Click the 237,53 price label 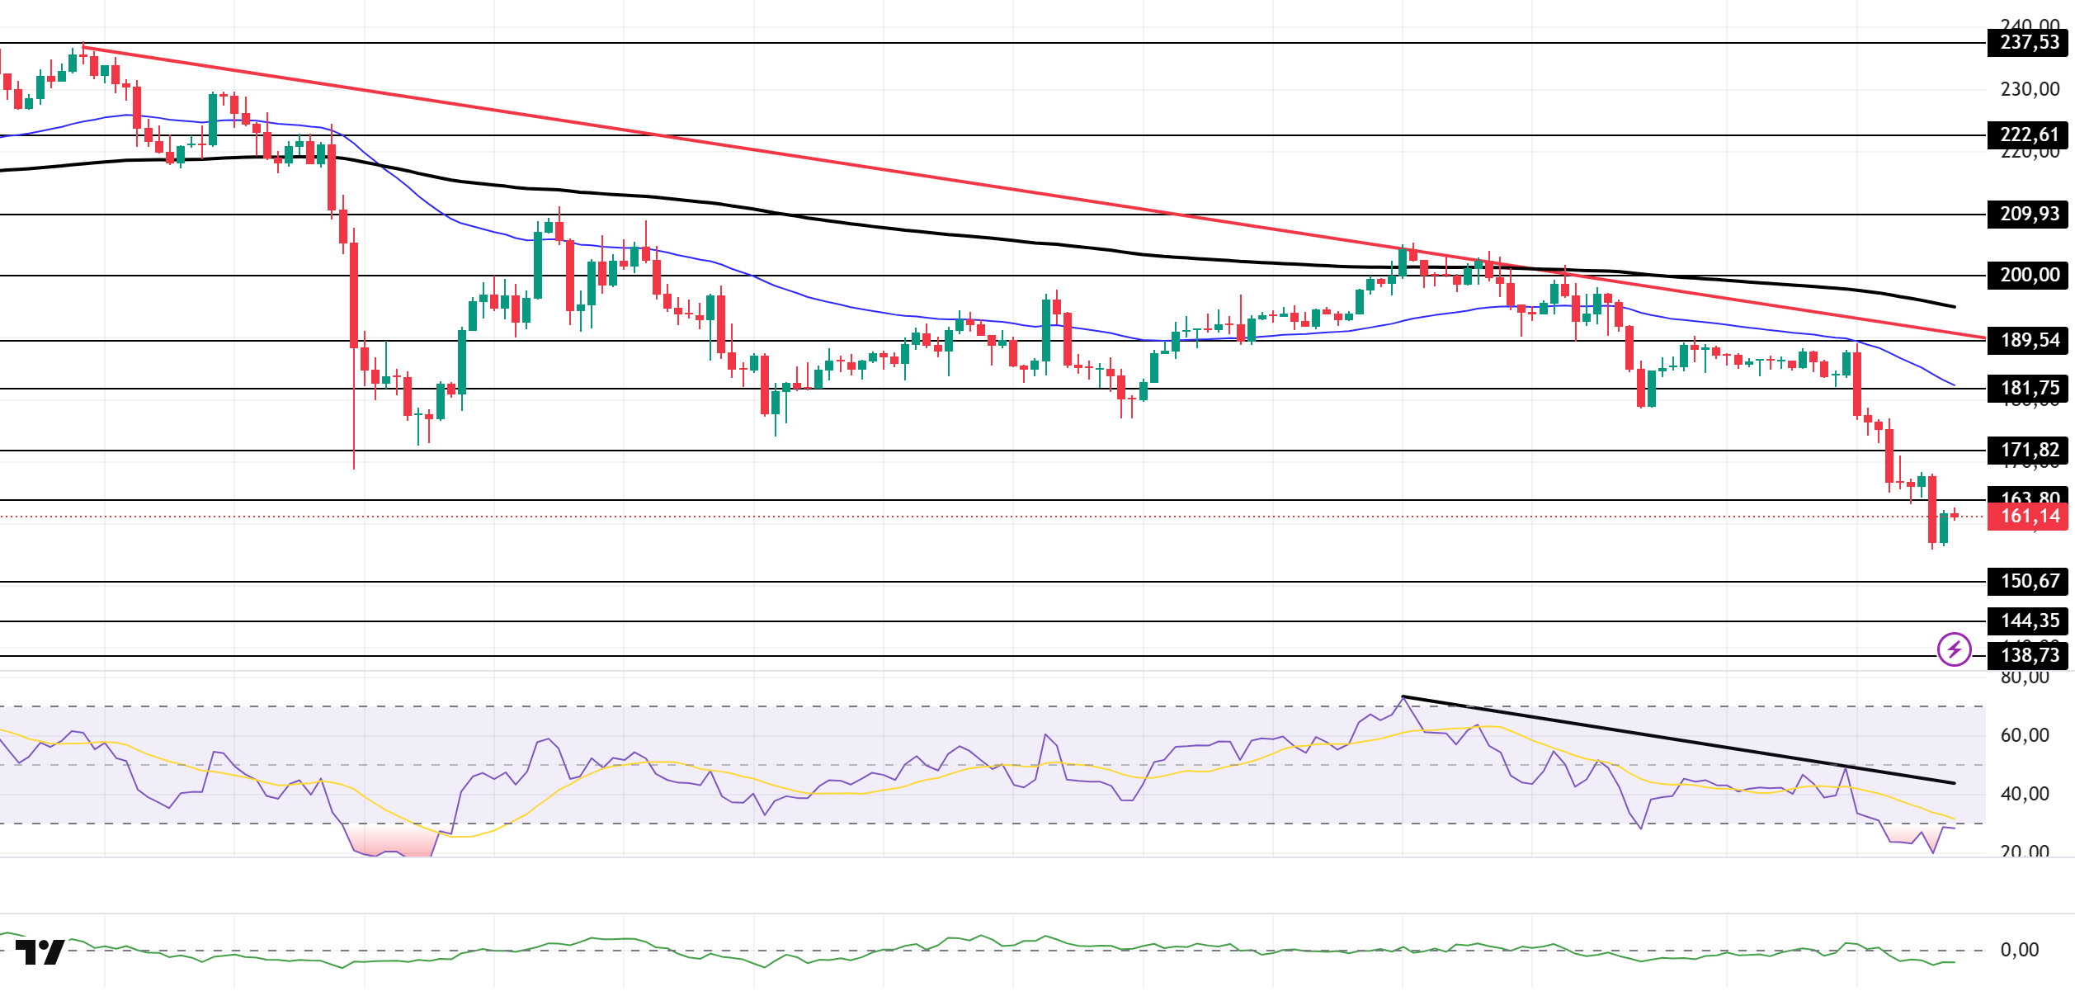[2029, 42]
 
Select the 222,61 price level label [2029, 135]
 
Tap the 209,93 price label [2029, 214]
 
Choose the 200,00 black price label [2029, 275]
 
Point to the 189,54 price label [2029, 340]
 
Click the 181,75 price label [2029, 388]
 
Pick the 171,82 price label [2029, 450]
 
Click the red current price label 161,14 [2029, 517]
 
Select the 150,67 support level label [2029, 581]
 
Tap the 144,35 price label [2029, 621]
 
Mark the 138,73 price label [2029, 655]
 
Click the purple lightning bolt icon [1954, 649]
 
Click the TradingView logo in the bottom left [40, 952]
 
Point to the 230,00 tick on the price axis [2029, 89]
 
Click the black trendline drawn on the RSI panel [1675, 739]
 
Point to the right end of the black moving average [1953, 306]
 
